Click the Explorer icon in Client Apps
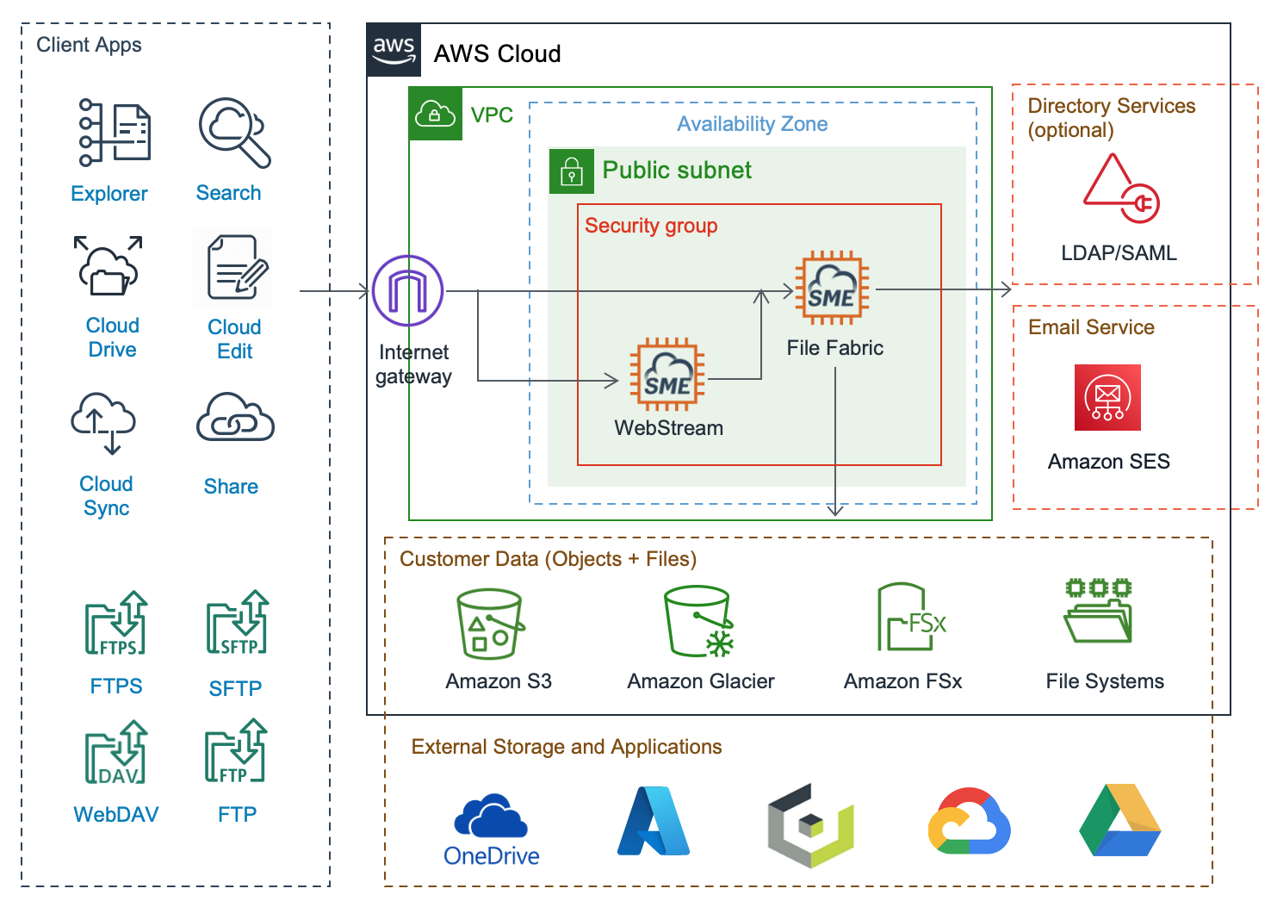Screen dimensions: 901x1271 click(x=115, y=133)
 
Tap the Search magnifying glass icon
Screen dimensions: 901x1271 click(x=234, y=132)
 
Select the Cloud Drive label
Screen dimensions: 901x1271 click(x=112, y=338)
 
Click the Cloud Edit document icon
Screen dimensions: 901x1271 click(x=233, y=267)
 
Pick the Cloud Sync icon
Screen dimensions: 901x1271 click(x=104, y=423)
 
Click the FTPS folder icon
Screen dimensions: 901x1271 click(x=116, y=623)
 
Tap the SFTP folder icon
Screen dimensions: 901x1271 click(x=237, y=622)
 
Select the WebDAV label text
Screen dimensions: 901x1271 click(x=116, y=815)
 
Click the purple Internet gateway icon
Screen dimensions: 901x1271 click(x=408, y=290)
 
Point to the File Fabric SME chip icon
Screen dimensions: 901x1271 click(x=831, y=288)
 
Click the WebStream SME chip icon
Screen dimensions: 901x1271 click(x=667, y=375)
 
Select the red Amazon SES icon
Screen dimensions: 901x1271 click(x=1107, y=397)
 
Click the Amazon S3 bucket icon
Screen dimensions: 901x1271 click(x=489, y=624)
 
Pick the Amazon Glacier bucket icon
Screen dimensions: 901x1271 click(x=698, y=621)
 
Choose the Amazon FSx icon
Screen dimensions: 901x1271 click(x=909, y=618)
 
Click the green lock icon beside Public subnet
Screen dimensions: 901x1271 click(x=572, y=171)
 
